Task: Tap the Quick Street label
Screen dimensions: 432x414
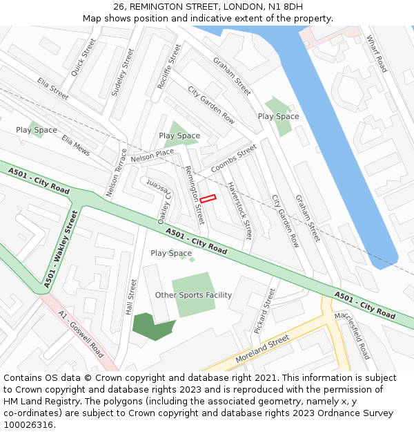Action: pyautogui.click(x=84, y=57)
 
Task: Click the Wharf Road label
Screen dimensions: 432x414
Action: pyautogui.click(x=377, y=53)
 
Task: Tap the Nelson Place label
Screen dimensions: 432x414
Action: pyautogui.click(x=152, y=156)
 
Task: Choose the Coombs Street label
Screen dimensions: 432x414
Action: pyautogui.click(x=233, y=159)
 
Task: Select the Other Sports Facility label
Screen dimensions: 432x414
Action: pyautogui.click(x=193, y=295)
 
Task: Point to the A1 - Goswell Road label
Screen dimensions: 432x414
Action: pyautogui.click(x=81, y=335)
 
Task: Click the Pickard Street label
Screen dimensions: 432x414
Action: pyautogui.click(x=264, y=311)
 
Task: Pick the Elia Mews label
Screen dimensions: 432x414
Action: pyautogui.click(x=76, y=145)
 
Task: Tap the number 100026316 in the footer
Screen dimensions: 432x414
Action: pyautogui.click(x=28, y=424)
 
